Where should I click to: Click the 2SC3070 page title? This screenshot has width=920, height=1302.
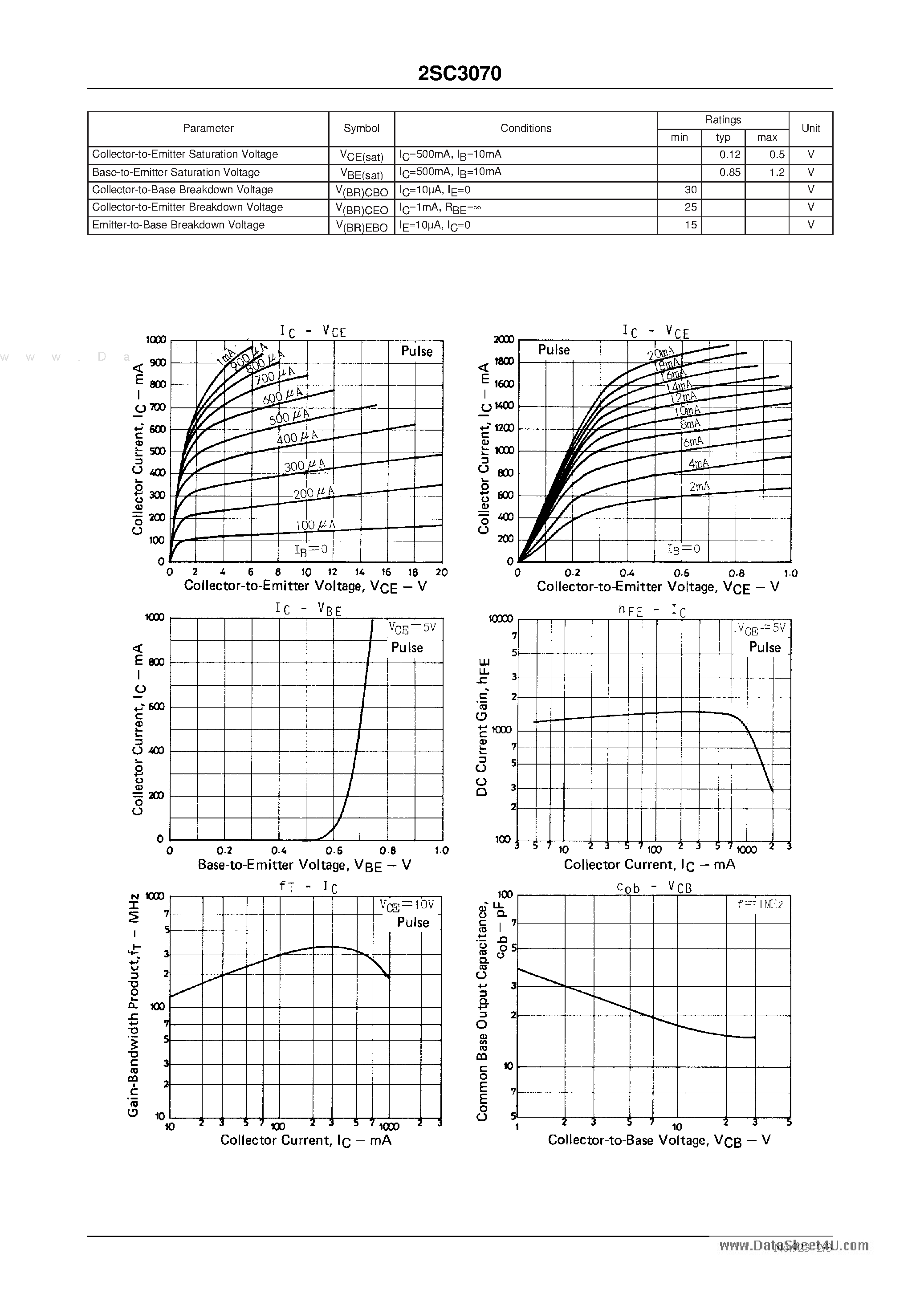pos(460,74)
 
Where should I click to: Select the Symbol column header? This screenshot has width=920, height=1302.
pos(361,129)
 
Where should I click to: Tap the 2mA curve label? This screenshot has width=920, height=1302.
pos(699,487)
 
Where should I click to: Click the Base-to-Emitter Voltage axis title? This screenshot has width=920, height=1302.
pos(304,865)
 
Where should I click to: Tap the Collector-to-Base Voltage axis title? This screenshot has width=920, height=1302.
pos(659,1140)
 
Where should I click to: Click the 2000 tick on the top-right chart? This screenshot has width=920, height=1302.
pos(503,340)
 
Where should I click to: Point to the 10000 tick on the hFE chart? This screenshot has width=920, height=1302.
pos(500,618)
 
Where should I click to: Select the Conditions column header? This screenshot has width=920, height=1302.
pos(525,129)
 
